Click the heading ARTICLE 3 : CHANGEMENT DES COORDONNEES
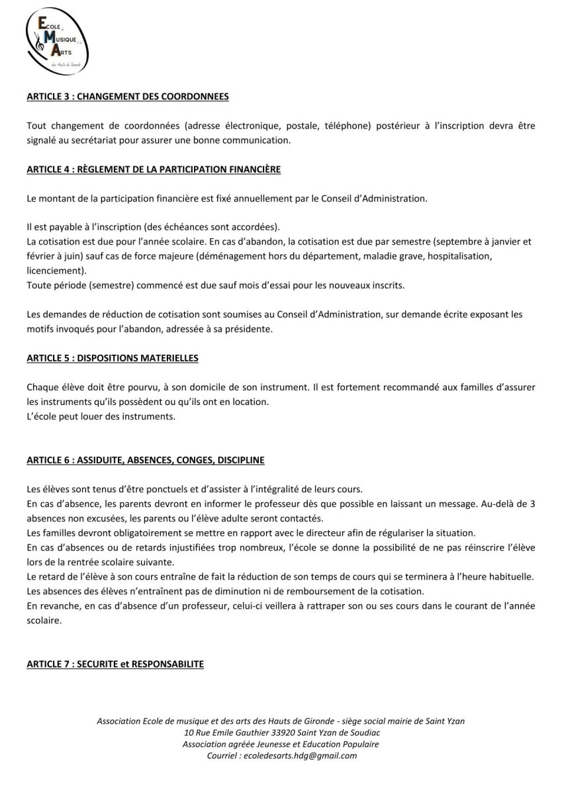(128, 97)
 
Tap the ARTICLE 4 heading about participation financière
(154, 170)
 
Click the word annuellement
(258, 199)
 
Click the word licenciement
(52, 271)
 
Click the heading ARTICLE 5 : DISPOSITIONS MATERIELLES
(113, 358)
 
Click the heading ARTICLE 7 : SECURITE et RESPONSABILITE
(115, 664)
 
